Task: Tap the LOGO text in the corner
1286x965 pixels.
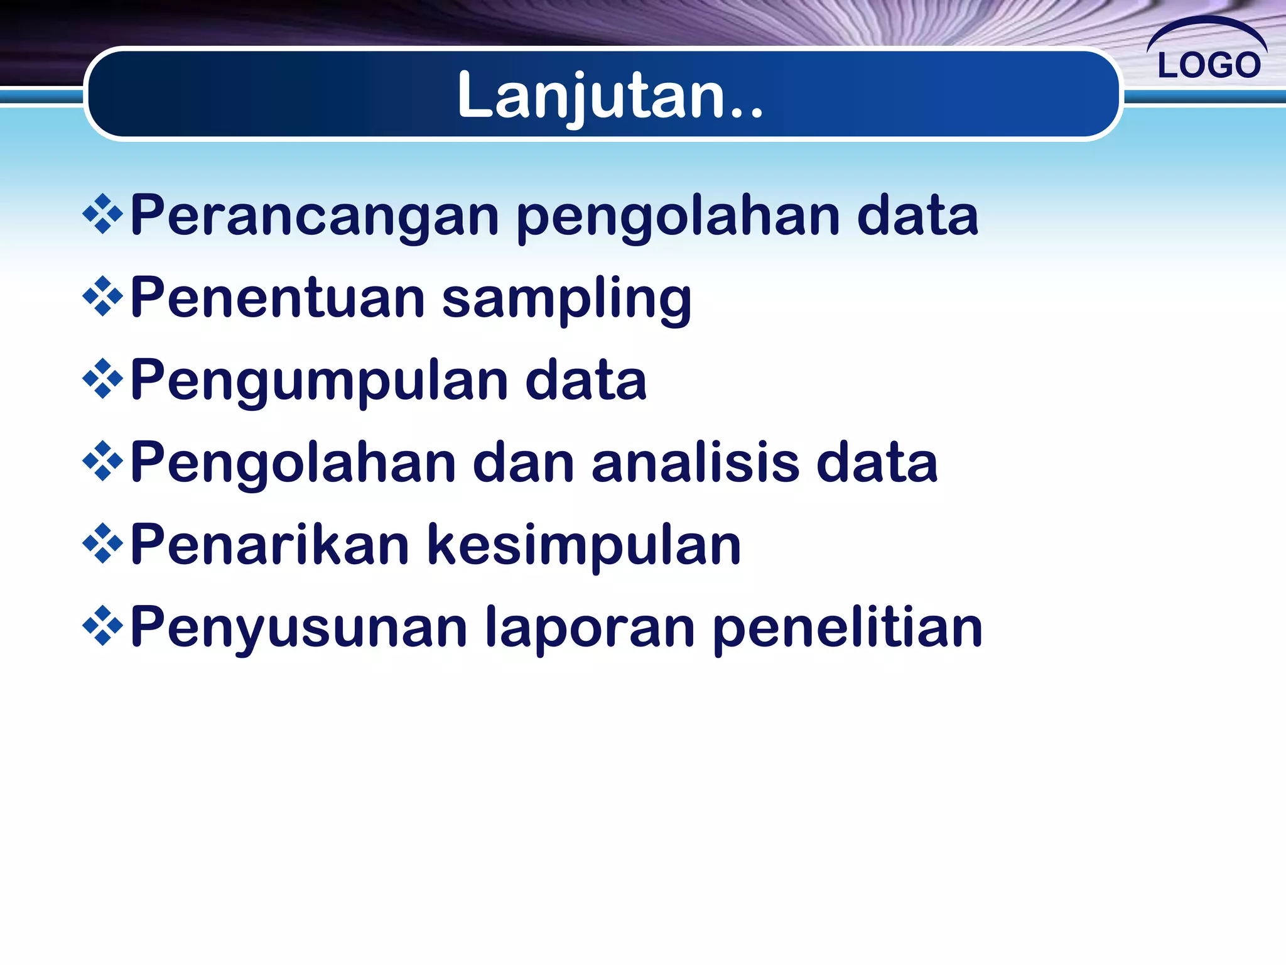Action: (1209, 65)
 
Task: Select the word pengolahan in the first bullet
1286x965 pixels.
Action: (678, 217)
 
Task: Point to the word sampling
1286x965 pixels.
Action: (566, 299)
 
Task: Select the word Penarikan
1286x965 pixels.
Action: (270, 545)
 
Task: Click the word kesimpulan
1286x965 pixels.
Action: (584, 545)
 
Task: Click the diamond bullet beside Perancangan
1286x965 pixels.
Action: (102, 215)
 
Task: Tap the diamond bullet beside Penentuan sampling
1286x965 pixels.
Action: (102, 297)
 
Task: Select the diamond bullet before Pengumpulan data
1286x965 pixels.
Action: (102, 379)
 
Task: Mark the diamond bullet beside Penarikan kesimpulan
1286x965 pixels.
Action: (102, 544)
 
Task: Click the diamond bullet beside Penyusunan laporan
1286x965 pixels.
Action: (102, 626)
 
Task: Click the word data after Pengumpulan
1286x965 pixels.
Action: (585, 381)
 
